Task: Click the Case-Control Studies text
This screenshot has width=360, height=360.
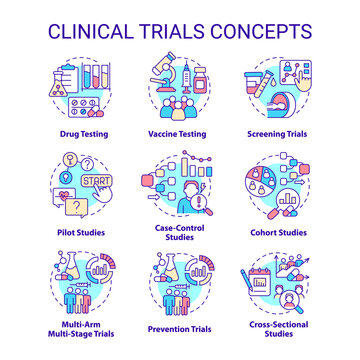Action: click(x=180, y=237)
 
